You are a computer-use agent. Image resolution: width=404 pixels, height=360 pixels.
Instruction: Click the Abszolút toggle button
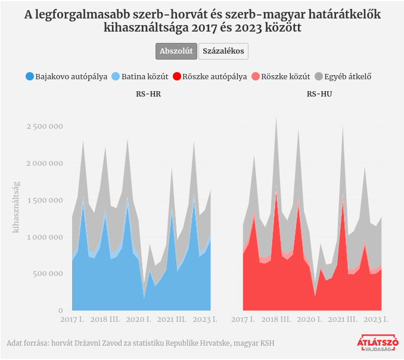176,51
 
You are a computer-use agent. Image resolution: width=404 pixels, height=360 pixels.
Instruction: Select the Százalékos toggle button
223,51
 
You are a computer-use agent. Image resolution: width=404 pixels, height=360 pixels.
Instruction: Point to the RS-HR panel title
148,94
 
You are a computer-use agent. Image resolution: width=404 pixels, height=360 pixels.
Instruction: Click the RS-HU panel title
319,94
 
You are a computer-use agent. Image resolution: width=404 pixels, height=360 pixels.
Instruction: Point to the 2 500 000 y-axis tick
45,126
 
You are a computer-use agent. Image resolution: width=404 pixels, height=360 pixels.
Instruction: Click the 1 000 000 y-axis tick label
45,237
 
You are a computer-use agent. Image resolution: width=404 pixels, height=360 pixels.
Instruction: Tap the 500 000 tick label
48,274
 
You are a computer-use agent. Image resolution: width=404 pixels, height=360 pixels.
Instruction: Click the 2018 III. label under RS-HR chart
108,319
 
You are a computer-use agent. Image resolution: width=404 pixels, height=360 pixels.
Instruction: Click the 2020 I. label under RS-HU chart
310,319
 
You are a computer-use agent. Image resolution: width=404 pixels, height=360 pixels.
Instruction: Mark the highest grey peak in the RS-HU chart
276,119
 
